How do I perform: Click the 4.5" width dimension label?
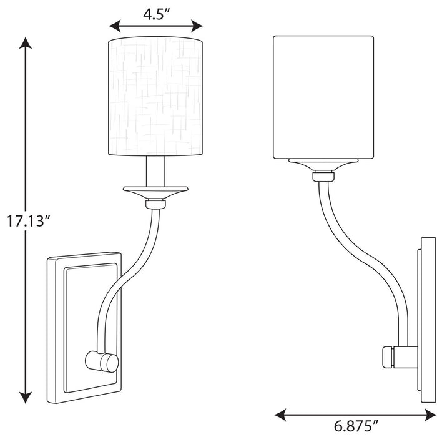pyautogui.click(x=156, y=14)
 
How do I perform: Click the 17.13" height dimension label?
pyautogui.click(x=26, y=220)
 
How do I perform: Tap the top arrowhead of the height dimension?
pyautogui.click(x=25, y=42)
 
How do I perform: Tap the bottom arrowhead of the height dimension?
pyautogui.click(x=25, y=398)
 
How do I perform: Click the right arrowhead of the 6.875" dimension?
pyautogui.click(x=431, y=413)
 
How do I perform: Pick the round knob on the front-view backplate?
pyautogui.click(x=102, y=361)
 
